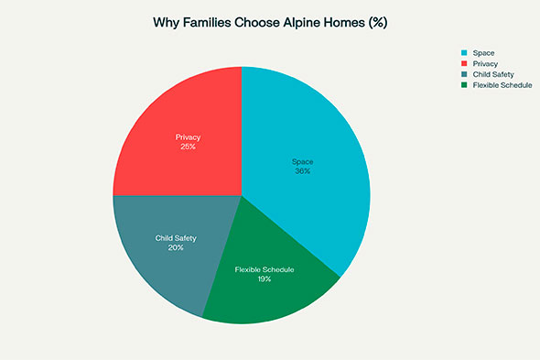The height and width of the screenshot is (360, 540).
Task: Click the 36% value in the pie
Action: pos(302,171)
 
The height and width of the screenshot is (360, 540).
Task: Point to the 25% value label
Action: pos(188,147)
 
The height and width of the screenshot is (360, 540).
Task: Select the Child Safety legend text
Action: pos(491,74)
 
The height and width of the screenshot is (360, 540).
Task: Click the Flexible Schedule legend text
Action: pos(502,85)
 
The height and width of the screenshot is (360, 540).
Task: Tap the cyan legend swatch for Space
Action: pos(465,52)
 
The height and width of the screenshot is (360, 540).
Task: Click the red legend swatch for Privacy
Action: pos(465,63)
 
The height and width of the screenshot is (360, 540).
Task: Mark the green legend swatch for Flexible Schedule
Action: pos(465,85)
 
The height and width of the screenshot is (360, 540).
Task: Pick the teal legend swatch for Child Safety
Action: pos(465,74)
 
